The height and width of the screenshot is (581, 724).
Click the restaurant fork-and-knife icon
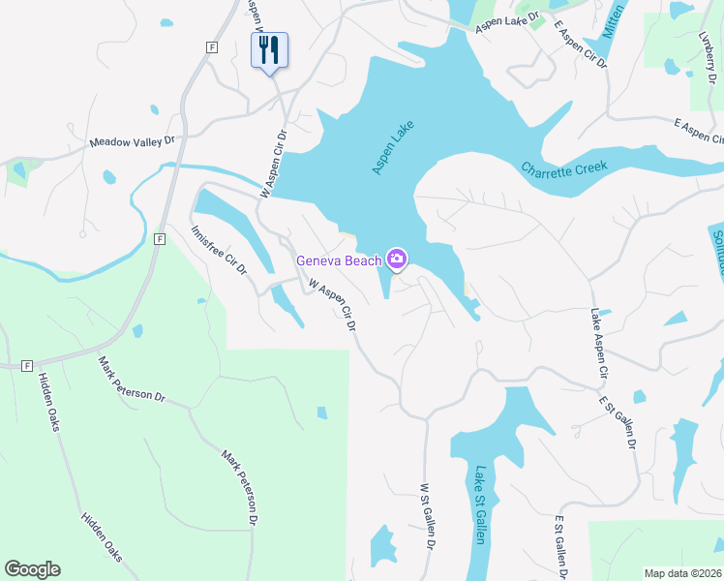(269, 49)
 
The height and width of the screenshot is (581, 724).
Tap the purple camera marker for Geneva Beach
(396, 259)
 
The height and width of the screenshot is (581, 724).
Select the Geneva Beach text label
(338, 260)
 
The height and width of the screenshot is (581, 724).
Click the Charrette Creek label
(564, 168)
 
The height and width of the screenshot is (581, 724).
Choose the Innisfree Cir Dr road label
(218, 251)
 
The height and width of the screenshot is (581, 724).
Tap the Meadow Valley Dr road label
(132, 141)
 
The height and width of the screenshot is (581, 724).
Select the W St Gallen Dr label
(426, 519)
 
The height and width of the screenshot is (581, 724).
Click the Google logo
(32, 569)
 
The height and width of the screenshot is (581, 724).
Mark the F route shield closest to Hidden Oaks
(27, 366)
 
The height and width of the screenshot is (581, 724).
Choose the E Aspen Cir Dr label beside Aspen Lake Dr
(580, 40)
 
